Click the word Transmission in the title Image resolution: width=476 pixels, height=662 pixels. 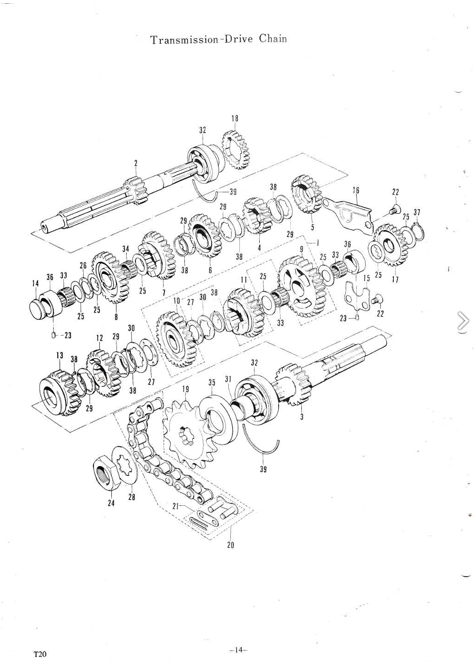point(184,40)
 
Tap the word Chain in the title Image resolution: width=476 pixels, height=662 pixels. point(273,39)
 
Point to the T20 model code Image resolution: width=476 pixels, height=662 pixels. point(40,654)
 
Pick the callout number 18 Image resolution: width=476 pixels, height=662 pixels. point(235,119)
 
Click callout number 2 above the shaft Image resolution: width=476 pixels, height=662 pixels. point(136,163)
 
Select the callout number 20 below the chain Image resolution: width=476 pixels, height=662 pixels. point(231,545)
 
